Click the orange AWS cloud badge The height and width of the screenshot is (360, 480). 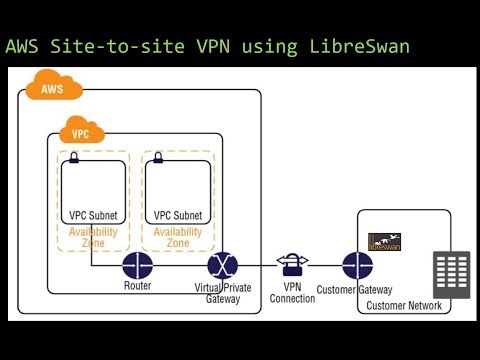(53, 89)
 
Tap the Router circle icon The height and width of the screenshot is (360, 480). (136, 266)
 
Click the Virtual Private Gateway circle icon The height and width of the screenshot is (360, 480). (222, 266)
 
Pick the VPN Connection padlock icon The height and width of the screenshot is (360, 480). (292, 264)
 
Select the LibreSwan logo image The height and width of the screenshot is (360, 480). (384, 241)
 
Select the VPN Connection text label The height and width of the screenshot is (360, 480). (292, 293)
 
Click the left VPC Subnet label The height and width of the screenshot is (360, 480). (93, 215)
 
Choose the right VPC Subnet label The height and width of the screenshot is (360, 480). (178, 215)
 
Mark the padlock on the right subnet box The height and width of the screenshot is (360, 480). (156, 158)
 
